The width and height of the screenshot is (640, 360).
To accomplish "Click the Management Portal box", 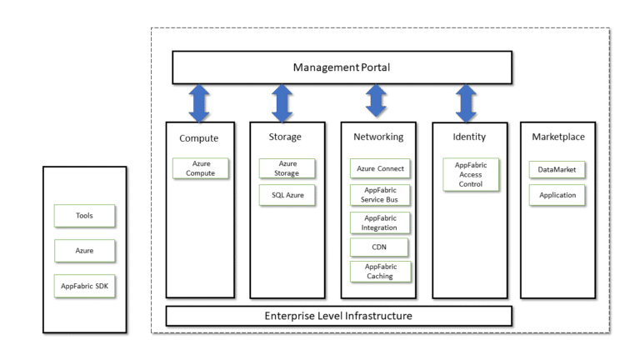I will point(342,67).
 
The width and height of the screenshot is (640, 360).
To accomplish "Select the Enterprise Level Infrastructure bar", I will point(338,316).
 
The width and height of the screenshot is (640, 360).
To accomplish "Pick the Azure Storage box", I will point(287,168).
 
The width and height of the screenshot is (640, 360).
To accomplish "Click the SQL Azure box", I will point(287,196).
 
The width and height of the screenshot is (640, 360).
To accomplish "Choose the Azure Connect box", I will point(380,168).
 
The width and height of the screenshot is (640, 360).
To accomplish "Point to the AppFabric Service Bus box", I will point(380,195).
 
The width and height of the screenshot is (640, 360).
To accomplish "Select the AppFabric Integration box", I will point(380,222).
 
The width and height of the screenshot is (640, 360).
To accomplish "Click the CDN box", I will point(380,247).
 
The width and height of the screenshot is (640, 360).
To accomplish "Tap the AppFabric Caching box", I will point(380,272).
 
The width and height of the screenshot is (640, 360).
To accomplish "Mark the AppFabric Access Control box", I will point(471,175).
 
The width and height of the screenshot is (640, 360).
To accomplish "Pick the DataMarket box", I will point(557,169).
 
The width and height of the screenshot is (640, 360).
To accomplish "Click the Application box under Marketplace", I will point(557,195).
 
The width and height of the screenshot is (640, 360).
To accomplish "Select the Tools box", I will point(84,216).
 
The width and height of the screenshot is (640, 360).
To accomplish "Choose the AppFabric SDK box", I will point(84,286).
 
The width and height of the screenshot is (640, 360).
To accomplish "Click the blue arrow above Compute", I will point(199,102).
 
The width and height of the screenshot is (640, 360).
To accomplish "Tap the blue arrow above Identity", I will point(466,102).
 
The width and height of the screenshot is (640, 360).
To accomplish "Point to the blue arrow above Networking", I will point(376,101).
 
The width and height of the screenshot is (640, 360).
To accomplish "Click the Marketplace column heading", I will point(557,137).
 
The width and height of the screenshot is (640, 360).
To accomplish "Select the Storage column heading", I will point(286,137).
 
